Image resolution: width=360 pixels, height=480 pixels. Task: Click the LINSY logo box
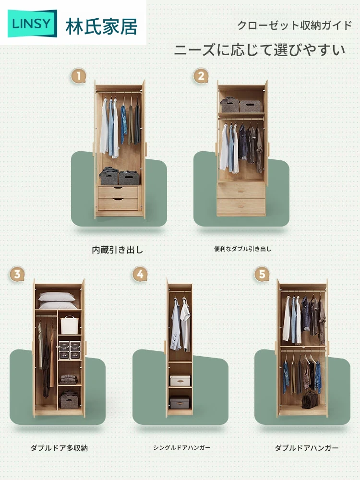pyautogui.click(x=32, y=23)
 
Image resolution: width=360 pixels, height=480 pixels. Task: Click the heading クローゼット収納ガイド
pyautogui.click(x=295, y=25)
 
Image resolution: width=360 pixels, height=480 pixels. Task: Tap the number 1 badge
pyautogui.click(x=79, y=76)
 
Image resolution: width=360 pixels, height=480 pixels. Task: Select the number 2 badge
pyautogui.click(x=201, y=76)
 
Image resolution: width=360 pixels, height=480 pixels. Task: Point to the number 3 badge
pyautogui.click(x=17, y=274)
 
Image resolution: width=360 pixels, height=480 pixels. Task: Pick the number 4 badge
pyautogui.click(x=140, y=274)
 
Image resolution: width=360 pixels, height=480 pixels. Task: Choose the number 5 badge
pyautogui.click(x=262, y=274)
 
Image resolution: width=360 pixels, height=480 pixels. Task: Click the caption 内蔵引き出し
pyautogui.click(x=118, y=250)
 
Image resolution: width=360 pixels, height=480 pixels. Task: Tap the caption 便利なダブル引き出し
pyautogui.click(x=242, y=249)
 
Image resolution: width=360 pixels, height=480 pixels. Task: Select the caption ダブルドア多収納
pyautogui.click(x=59, y=448)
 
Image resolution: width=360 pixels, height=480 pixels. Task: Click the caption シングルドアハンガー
pyautogui.click(x=182, y=447)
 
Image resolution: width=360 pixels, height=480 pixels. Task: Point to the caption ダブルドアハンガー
pyautogui.click(x=306, y=448)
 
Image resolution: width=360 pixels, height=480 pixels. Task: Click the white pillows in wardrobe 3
pyautogui.click(x=58, y=300)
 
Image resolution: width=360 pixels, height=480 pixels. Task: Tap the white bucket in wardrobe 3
pyautogui.click(x=70, y=325)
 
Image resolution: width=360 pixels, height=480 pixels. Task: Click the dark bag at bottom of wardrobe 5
pyautogui.click(x=310, y=400)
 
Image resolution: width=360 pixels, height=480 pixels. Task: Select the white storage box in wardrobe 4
pyautogui.click(x=180, y=381)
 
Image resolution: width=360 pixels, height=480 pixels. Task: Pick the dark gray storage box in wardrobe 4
pyautogui.click(x=180, y=402)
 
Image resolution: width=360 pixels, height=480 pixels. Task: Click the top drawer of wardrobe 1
pyautogui.click(x=118, y=192)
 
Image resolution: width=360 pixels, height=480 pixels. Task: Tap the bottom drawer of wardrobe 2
pyautogui.click(x=241, y=206)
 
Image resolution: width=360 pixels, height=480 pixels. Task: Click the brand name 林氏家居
pyautogui.click(x=102, y=26)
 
